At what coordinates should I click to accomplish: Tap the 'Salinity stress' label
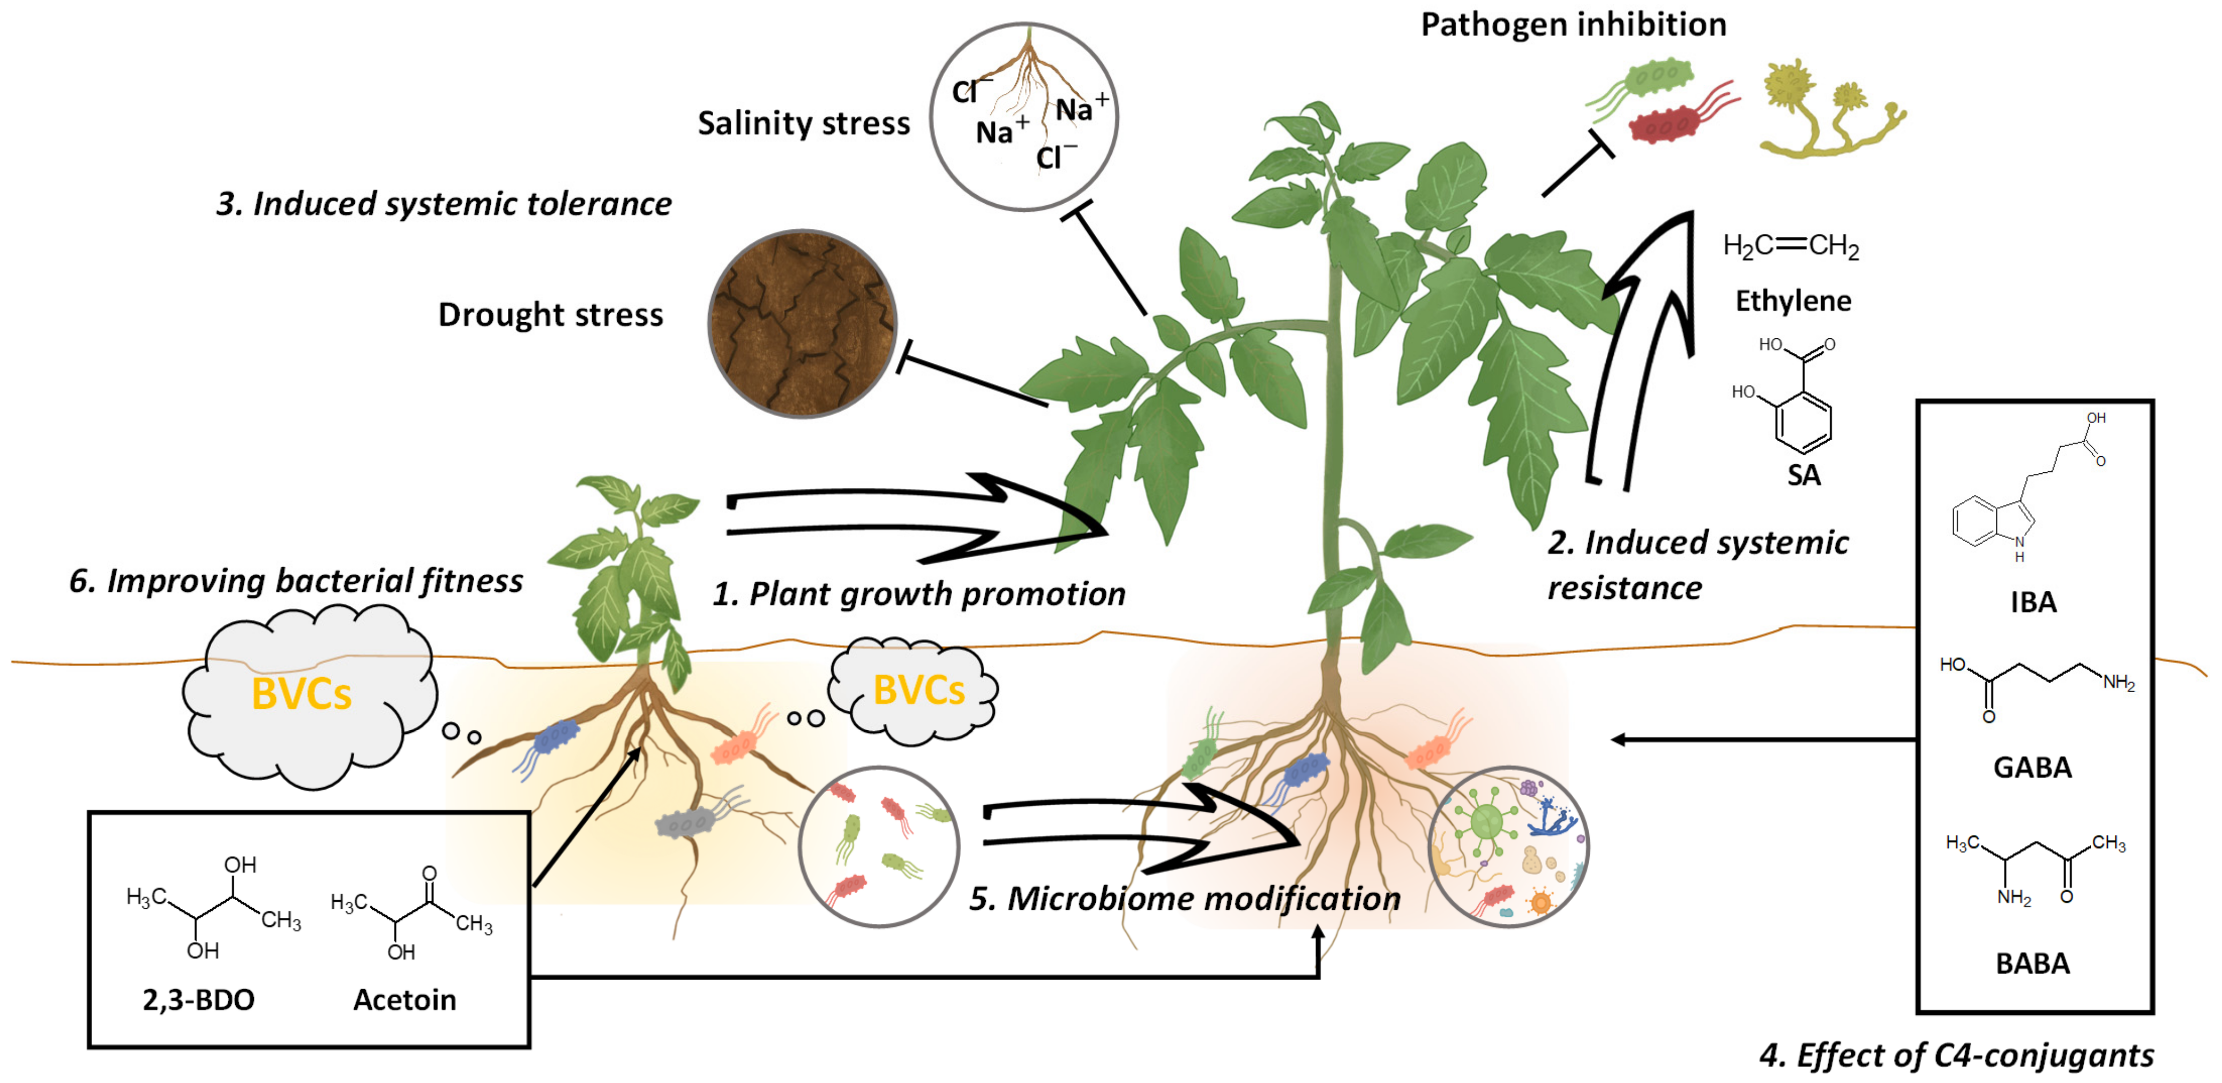click(x=803, y=123)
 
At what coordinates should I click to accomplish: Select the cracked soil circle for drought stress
click(x=802, y=324)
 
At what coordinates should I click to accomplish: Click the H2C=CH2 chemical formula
click(x=1791, y=247)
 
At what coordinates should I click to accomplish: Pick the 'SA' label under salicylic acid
click(x=1804, y=476)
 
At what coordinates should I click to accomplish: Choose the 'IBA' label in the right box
click(x=2033, y=602)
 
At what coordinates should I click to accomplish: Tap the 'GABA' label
click(x=2032, y=767)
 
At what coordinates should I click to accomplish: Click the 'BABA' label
click(x=2032, y=963)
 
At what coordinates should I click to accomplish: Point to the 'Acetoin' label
click(x=405, y=999)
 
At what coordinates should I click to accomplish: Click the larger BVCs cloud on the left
click(x=302, y=695)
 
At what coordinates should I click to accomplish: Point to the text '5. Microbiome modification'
click(x=1184, y=899)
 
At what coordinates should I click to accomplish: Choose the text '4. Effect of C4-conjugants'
click(x=1956, y=1055)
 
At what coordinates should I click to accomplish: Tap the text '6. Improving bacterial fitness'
click(x=296, y=581)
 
